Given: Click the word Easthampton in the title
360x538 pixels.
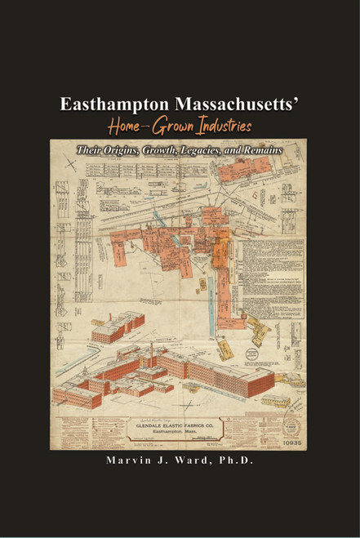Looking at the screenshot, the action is (x=112, y=106).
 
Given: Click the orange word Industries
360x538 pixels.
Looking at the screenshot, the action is (x=220, y=127).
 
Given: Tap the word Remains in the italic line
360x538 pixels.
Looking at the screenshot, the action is (x=271, y=150).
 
